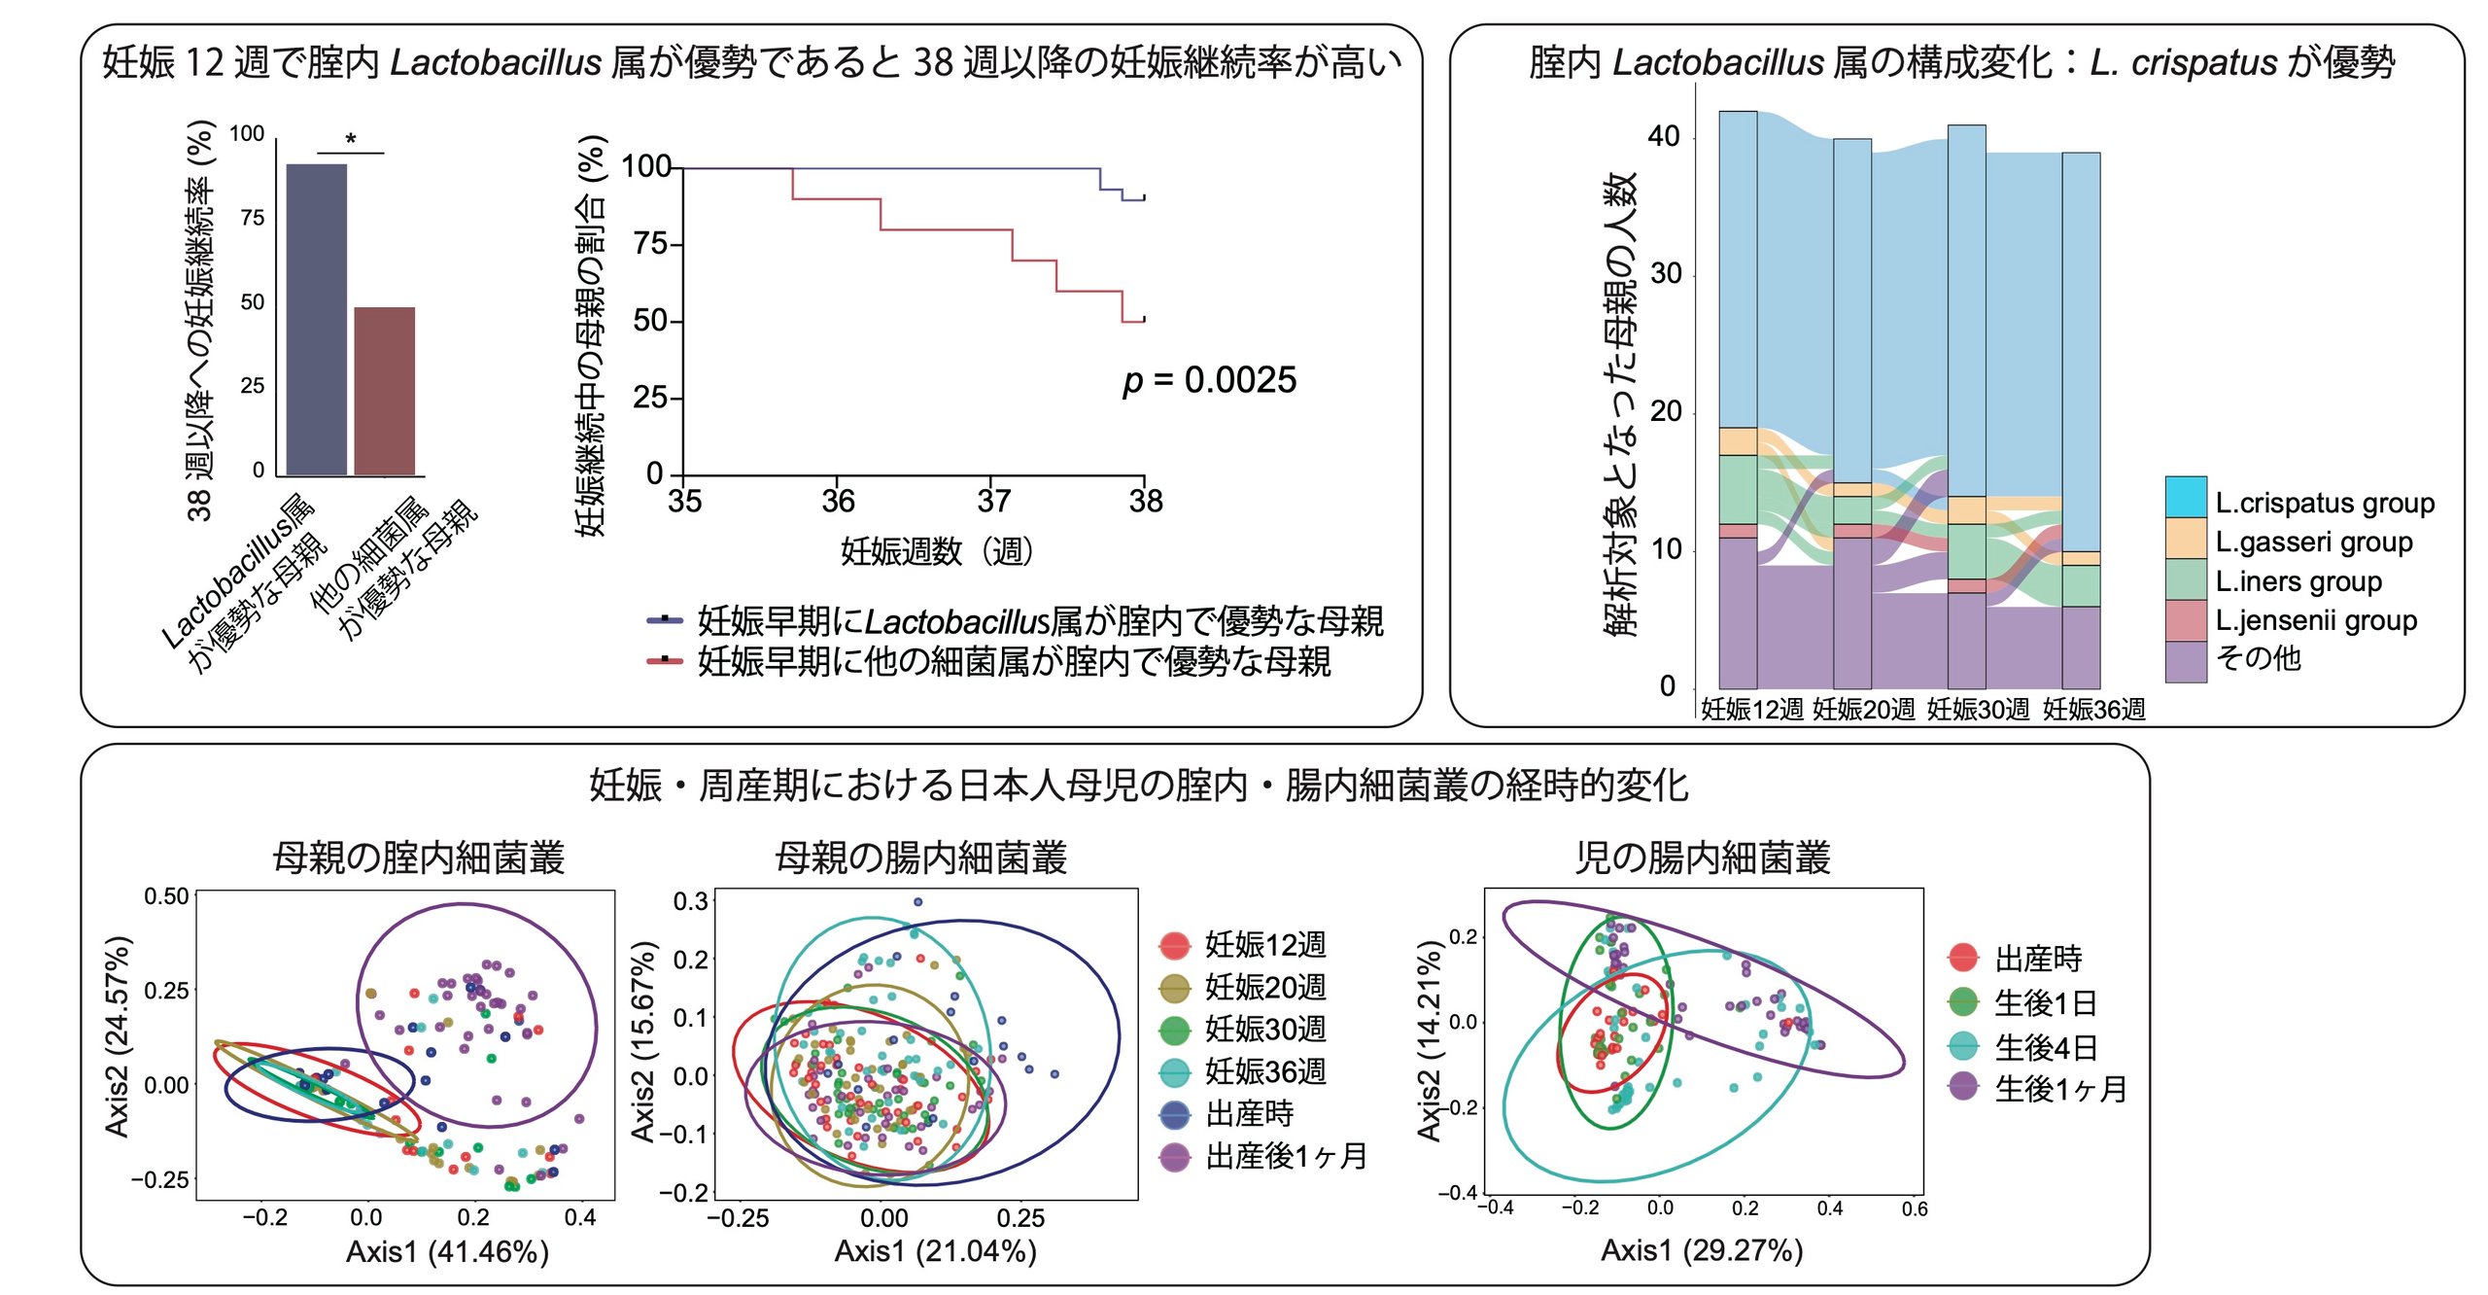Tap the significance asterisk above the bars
(x=351, y=140)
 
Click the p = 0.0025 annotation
(x=1209, y=380)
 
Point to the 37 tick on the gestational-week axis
(x=993, y=501)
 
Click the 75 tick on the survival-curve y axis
(x=650, y=243)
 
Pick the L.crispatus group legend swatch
(x=2186, y=497)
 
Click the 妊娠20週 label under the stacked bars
(x=1863, y=710)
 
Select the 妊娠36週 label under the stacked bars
(x=2093, y=710)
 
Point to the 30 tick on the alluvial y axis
(x=1665, y=274)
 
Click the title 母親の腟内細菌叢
(x=418, y=857)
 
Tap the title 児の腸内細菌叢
(x=1703, y=857)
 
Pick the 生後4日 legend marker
(x=1963, y=1046)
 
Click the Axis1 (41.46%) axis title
(x=447, y=1251)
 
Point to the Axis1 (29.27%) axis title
(x=1702, y=1250)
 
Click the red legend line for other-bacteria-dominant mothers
(x=665, y=660)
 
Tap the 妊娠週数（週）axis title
(x=936, y=551)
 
